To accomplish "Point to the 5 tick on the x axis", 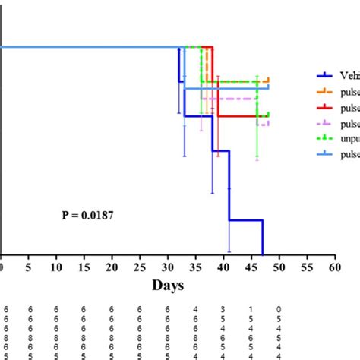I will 28,269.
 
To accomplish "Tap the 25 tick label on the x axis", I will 139,269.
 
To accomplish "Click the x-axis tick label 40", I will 223,269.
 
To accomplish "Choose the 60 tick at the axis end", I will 334,269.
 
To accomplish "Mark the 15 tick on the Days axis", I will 84,269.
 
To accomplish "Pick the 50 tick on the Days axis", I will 279,269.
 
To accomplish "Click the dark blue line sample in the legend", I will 325,74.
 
